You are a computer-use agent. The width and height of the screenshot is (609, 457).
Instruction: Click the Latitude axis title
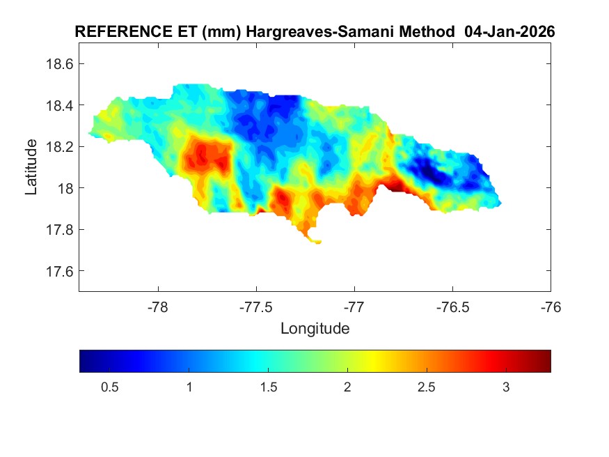pos(31,166)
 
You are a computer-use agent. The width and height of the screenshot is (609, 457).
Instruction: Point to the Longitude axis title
pos(315,328)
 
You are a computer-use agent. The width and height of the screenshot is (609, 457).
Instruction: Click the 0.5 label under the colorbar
pos(109,387)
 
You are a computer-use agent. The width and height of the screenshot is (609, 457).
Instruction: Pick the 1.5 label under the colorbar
pos(267,387)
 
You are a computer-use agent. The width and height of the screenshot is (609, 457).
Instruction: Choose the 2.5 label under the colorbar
pos(426,387)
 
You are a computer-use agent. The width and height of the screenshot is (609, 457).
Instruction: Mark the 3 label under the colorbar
pos(505,387)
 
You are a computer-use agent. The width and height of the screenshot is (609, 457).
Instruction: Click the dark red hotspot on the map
pos(395,186)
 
